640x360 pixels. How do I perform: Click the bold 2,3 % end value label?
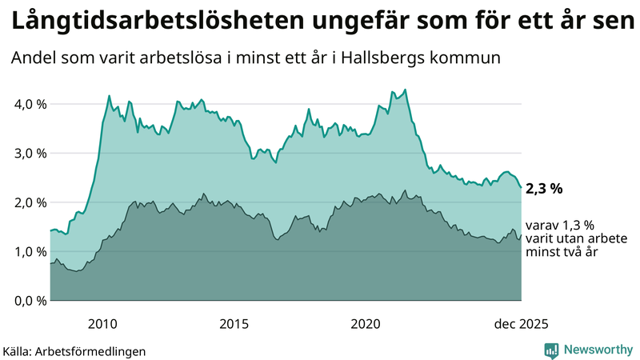546,189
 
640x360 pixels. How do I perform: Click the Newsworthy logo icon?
551,350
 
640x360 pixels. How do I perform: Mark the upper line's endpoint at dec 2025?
521,187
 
